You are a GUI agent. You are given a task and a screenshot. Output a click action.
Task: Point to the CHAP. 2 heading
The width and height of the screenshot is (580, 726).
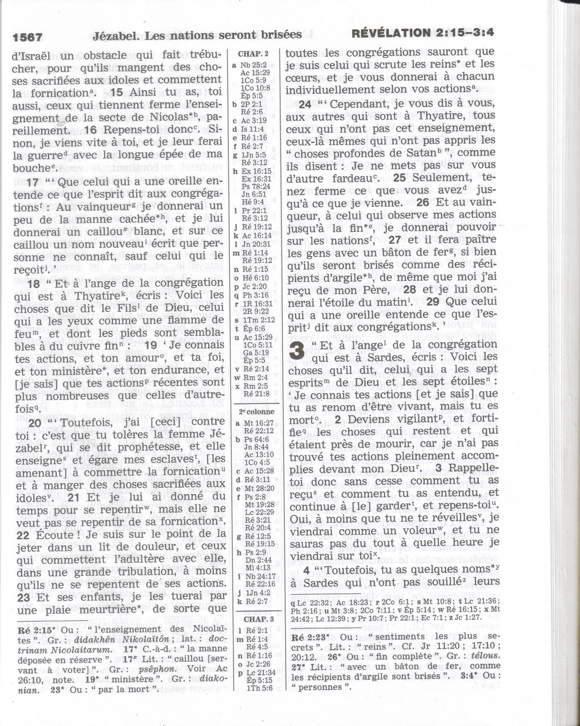click(x=253, y=54)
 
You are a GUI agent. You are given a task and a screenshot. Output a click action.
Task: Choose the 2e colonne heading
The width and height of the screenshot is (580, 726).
click(x=257, y=412)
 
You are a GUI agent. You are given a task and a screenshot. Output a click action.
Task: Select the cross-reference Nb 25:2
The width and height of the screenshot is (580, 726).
click(x=253, y=65)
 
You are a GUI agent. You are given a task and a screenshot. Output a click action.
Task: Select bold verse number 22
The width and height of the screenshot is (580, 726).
click(x=23, y=535)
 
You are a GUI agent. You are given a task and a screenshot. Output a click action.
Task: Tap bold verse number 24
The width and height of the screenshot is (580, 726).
click(x=305, y=104)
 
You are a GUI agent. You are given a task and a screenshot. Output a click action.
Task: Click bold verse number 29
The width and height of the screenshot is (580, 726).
click(x=433, y=302)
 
